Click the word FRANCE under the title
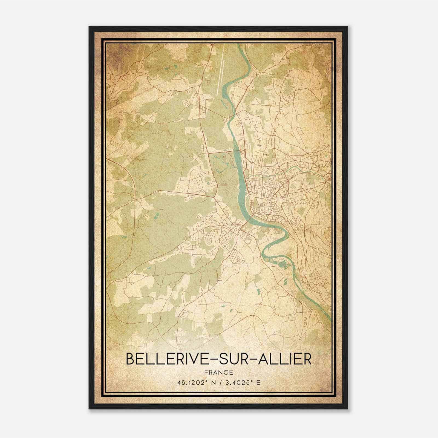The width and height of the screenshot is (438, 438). coord(218,372)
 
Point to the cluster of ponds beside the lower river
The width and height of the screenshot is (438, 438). coord(283,264)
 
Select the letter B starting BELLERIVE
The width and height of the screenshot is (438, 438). coord(130,359)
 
